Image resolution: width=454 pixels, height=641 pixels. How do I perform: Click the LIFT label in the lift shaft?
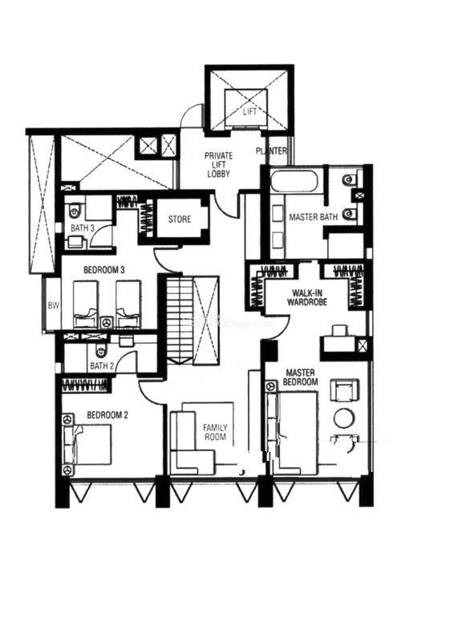[249, 111]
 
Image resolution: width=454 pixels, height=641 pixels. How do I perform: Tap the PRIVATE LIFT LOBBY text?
[219, 164]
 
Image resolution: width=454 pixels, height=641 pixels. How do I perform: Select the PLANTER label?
[271, 151]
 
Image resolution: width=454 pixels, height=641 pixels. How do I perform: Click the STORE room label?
[180, 219]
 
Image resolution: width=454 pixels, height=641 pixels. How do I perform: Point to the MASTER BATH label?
[313, 216]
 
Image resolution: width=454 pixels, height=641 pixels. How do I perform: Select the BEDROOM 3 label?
[104, 270]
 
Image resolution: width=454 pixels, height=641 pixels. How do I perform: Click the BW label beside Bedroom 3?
[53, 305]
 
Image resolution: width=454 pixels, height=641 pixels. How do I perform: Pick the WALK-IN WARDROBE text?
[307, 297]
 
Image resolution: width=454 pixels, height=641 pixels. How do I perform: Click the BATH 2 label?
[102, 366]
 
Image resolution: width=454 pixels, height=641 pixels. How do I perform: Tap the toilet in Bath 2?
[100, 350]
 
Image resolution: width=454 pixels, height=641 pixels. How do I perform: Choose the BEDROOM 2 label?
[107, 415]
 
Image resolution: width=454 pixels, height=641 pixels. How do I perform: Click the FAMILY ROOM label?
[215, 432]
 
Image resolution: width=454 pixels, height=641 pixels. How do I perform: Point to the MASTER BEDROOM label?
[301, 377]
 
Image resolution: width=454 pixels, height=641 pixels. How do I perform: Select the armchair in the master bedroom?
[345, 390]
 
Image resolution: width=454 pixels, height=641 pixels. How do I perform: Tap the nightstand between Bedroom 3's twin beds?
[107, 323]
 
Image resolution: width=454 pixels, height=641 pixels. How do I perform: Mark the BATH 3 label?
[83, 228]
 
